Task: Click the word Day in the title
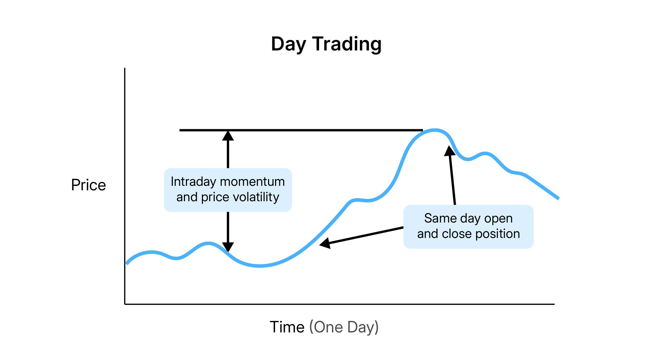tap(288, 44)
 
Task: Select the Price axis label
tap(89, 185)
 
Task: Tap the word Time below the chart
tap(287, 327)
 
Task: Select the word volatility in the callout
tap(256, 197)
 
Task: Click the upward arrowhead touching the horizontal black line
tap(228, 136)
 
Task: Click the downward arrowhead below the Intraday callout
tap(228, 247)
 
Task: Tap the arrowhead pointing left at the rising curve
tap(325, 243)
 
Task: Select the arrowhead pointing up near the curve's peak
tap(449, 151)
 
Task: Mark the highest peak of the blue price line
tap(434, 130)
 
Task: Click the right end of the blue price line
tap(559, 198)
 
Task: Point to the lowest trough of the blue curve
tap(260, 266)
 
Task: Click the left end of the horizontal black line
tap(180, 130)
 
